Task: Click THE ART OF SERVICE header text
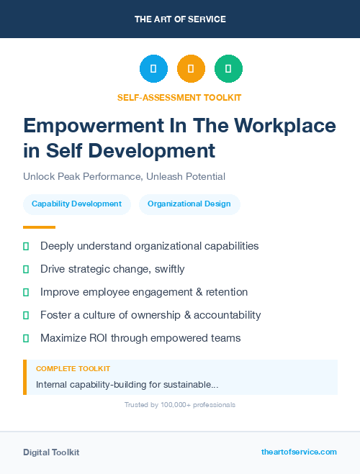click(x=180, y=19)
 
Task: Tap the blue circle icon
click(x=153, y=69)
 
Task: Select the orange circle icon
click(x=191, y=69)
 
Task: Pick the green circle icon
click(x=228, y=69)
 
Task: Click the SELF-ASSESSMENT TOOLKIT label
click(x=179, y=97)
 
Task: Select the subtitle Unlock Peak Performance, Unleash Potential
click(x=124, y=176)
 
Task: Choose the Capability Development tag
click(x=77, y=204)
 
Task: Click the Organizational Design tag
click(x=189, y=204)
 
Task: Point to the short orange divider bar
click(x=29, y=227)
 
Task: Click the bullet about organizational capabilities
click(x=149, y=246)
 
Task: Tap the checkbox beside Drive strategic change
click(x=26, y=269)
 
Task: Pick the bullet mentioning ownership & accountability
click(x=150, y=315)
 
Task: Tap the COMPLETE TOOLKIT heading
click(x=73, y=368)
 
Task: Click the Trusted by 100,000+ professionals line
click(x=180, y=405)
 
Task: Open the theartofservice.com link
click(x=299, y=452)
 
